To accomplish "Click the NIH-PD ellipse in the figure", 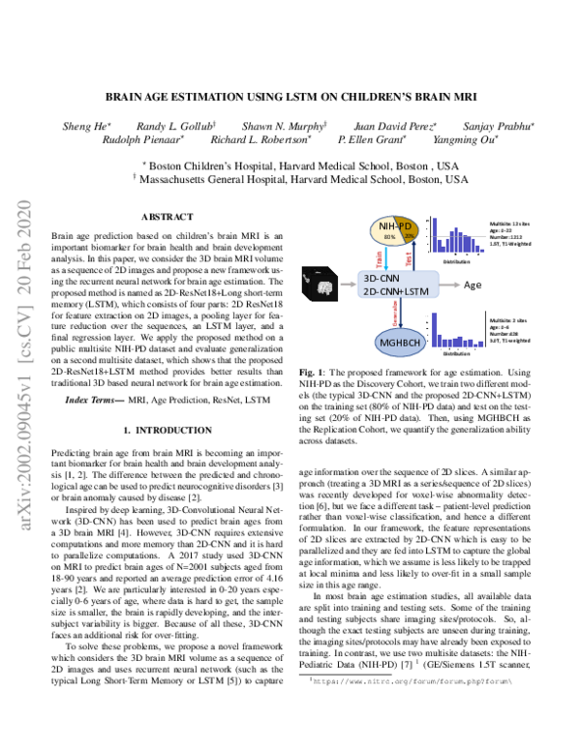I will point(391,232).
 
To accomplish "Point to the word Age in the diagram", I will point(473,285).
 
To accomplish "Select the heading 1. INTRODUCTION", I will point(168,429).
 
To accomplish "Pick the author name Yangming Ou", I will point(468,139).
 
